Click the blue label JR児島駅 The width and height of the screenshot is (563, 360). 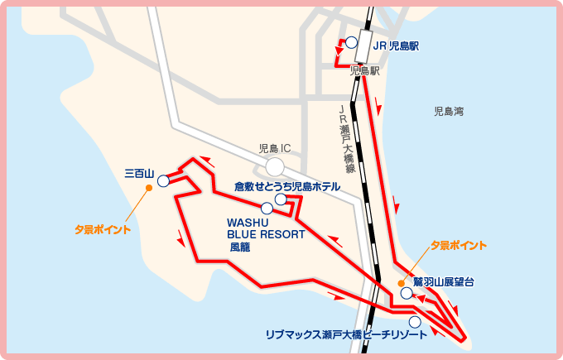(396, 46)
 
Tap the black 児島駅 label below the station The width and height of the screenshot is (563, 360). (364, 72)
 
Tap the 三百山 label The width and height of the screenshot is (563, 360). (140, 174)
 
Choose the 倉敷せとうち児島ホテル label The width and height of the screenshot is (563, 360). (286, 186)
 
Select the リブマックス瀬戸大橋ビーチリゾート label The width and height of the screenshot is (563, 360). (347, 334)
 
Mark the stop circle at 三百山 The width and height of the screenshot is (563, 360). (163, 180)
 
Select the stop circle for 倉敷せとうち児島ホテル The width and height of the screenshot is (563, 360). (281, 199)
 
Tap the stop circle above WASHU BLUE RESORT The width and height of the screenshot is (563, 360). (267, 208)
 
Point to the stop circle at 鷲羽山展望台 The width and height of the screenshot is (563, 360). (406, 293)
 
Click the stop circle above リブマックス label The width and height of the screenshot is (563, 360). (415, 322)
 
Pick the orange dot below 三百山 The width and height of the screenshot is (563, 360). (149, 188)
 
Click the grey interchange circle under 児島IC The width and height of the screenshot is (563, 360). (275, 167)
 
